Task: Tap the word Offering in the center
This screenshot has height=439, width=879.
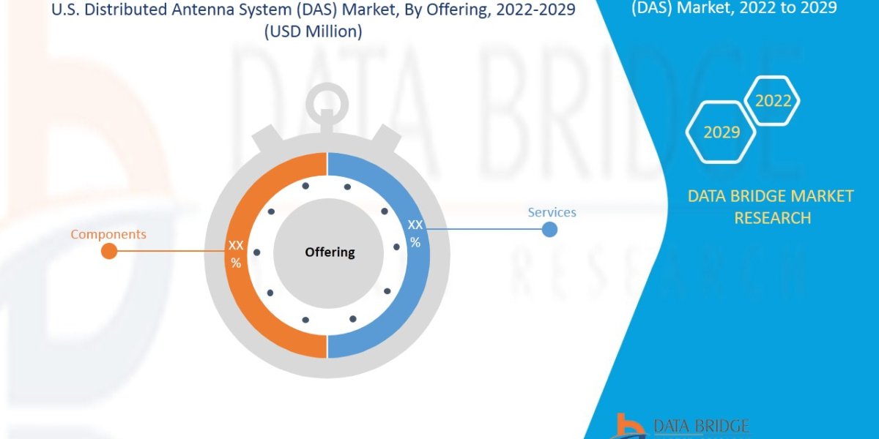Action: pos(330,252)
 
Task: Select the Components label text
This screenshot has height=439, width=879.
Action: pos(108,234)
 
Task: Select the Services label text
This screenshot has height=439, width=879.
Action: pos(552,212)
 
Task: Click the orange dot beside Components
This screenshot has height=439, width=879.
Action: pos(108,252)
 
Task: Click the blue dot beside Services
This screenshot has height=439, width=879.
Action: pos(549,230)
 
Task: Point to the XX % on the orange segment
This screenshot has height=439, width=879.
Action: pos(236,253)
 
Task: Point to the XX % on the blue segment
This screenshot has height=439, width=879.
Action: pos(415,233)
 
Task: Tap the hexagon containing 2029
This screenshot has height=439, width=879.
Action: pos(722,132)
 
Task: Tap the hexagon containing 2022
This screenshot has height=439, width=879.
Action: pos(773,101)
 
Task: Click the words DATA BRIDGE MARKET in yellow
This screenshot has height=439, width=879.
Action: pos(771,196)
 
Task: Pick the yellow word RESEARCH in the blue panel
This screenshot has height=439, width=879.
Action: pos(772,218)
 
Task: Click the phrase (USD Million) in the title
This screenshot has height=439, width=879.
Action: pos(313,32)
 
